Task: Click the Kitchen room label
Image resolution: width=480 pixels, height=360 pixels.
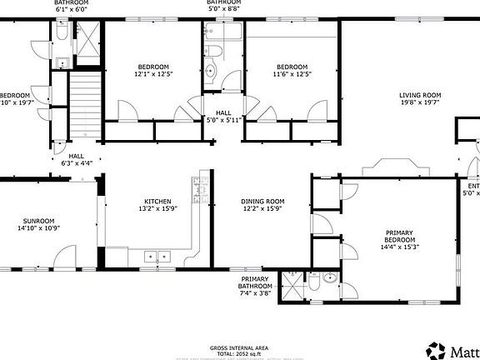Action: point(157,202)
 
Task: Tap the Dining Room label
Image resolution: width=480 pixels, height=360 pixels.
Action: point(262,202)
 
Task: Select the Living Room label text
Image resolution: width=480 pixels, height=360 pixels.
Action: point(419,96)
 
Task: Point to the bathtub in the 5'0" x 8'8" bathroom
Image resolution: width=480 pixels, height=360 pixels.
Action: point(221,32)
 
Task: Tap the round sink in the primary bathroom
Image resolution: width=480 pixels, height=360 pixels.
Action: point(330,278)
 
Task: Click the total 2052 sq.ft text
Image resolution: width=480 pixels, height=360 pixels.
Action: point(239,354)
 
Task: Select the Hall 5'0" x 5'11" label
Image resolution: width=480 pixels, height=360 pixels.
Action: point(223,116)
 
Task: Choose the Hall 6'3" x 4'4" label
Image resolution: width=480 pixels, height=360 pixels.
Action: point(77,160)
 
